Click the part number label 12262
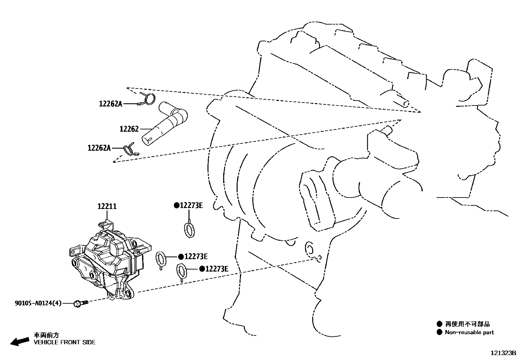129,129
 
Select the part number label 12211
107,206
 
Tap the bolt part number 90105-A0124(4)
38,303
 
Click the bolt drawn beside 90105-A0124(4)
81,303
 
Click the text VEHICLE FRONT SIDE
65,342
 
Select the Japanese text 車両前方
47,335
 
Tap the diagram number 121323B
503,353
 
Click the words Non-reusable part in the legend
469,332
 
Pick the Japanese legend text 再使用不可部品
467,324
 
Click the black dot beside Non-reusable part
439,332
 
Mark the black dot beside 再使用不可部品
439,324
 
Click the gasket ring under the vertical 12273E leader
189,229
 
